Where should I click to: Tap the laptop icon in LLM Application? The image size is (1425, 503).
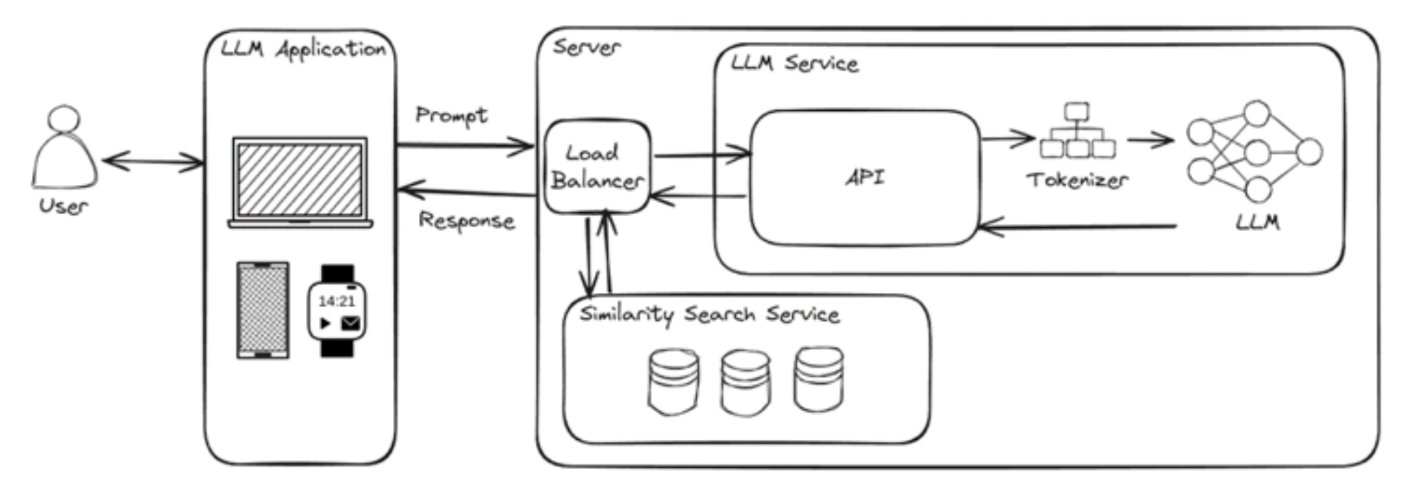click(300, 182)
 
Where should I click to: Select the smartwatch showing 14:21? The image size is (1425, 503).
click(337, 311)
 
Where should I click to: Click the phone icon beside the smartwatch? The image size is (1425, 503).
click(263, 310)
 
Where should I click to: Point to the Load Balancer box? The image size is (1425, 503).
click(598, 167)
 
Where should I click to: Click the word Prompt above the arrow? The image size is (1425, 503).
click(451, 116)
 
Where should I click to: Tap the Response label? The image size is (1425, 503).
click(466, 221)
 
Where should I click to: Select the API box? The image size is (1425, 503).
click(865, 177)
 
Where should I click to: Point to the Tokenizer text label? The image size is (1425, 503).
click(1078, 180)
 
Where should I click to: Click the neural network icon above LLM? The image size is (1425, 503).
click(1255, 152)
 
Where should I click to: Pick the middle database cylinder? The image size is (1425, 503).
click(746, 382)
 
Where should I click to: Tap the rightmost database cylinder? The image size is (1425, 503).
click(819, 379)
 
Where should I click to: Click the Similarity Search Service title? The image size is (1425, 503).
click(709, 315)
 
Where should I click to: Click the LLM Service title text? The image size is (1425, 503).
click(794, 63)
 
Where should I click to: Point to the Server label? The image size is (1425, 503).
click(586, 47)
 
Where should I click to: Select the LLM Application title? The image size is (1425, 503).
click(303, 50)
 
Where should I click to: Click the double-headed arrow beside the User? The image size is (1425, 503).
click(153, 162)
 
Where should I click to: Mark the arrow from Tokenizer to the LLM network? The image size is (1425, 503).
click(1150, 141)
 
